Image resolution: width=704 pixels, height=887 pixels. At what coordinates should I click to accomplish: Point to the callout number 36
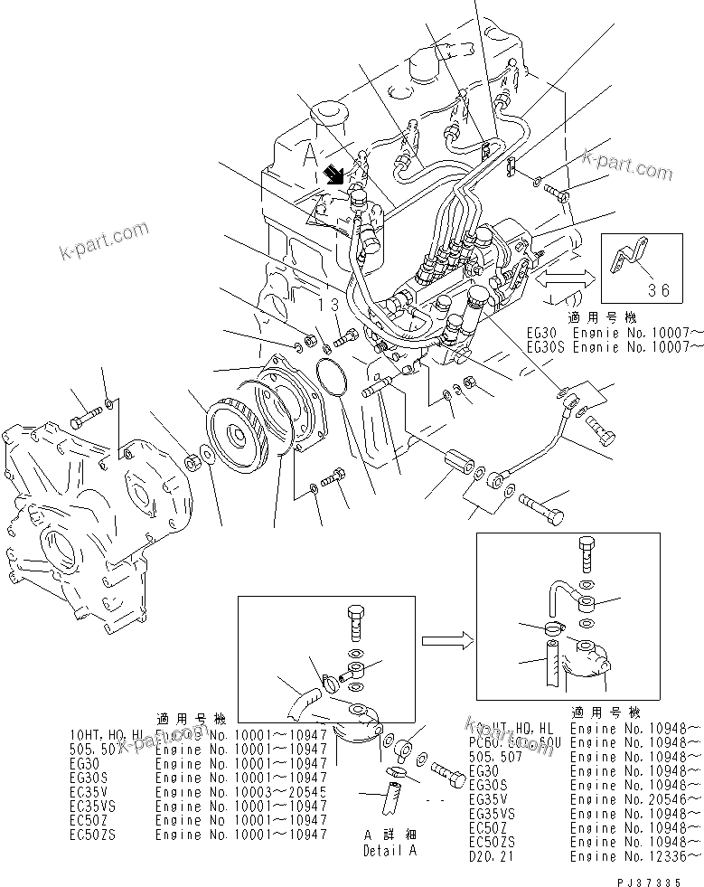coord(662,290)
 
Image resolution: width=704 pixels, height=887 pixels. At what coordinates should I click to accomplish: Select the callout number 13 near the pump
coord(331,306)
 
